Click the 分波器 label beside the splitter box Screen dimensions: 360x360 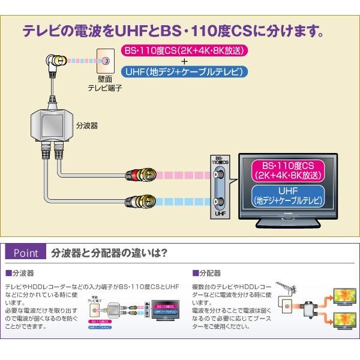click(87, 127)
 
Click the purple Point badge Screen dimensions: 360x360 click(25, 252)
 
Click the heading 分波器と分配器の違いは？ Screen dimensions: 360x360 click(109, 252)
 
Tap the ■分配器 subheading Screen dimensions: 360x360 click(208, 272)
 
